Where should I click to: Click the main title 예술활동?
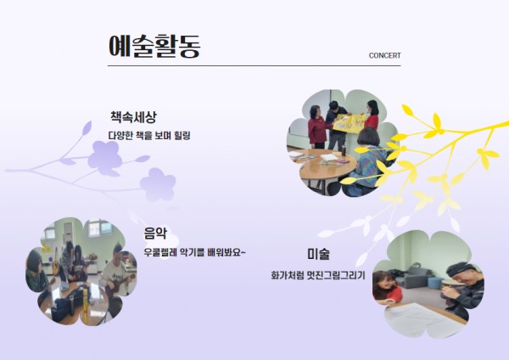(154, 46)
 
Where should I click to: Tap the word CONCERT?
(384, 55)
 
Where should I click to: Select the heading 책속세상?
(133, 117)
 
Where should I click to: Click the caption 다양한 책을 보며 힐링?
(149, 136)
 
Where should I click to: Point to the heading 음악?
(155, 233)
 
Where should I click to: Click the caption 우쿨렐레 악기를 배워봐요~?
(195, 252)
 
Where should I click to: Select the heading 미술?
(318, 253)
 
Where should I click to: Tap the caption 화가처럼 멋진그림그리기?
(318, 276)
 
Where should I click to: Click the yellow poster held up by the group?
(349, 123)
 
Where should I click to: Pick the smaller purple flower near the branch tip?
(158, 184)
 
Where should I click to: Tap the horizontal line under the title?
(255, 65)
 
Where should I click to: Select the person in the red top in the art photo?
(386, 288)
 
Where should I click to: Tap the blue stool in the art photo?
(435, 283)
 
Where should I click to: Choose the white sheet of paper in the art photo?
(421, 320)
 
